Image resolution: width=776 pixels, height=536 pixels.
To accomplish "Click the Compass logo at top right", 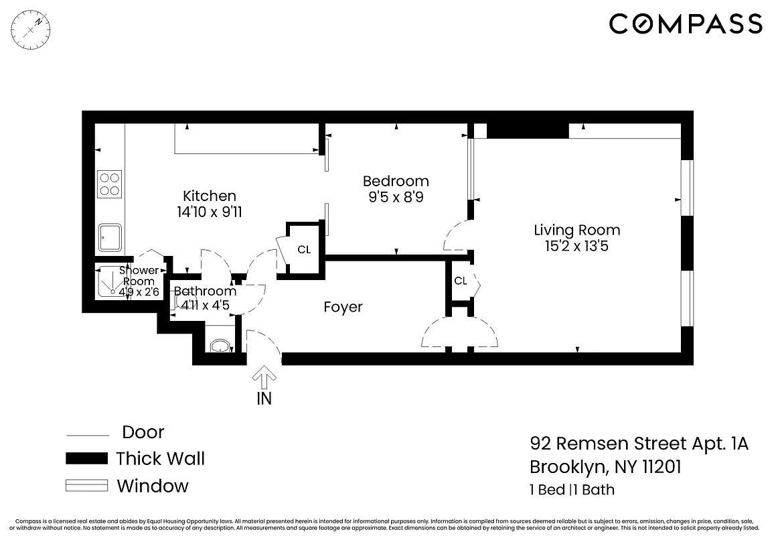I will point(686,25).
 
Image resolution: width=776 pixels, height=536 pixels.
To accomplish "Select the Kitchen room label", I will point(210,196).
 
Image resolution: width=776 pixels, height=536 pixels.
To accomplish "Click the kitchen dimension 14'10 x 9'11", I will point(210,212).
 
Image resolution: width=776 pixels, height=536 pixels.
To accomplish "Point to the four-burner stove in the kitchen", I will point(110,184).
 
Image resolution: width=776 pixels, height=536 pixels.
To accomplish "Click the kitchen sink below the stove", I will point(110,237).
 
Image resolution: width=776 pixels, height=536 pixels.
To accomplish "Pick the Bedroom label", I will point(396,181).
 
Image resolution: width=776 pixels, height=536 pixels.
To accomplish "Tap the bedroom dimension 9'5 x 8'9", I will point(396,197).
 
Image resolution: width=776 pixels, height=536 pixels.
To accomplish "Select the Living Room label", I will point(576,230).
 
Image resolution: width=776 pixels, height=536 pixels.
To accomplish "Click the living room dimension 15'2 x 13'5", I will point(576,246).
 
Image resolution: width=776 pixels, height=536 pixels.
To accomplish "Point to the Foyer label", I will point(343,307).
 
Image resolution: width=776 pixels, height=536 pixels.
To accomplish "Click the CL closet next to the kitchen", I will point(304,250).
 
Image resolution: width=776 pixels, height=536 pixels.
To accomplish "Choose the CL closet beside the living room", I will point(461,281).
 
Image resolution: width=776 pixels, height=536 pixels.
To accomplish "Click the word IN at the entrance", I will point(264,398).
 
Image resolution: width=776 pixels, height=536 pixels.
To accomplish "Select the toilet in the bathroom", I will point(220,346).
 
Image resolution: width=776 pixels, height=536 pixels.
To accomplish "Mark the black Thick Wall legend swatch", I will point(86,459).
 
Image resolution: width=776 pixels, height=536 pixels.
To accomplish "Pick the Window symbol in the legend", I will point(86,486).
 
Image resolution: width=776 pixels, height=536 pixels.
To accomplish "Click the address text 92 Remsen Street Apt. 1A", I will point(639,444).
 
